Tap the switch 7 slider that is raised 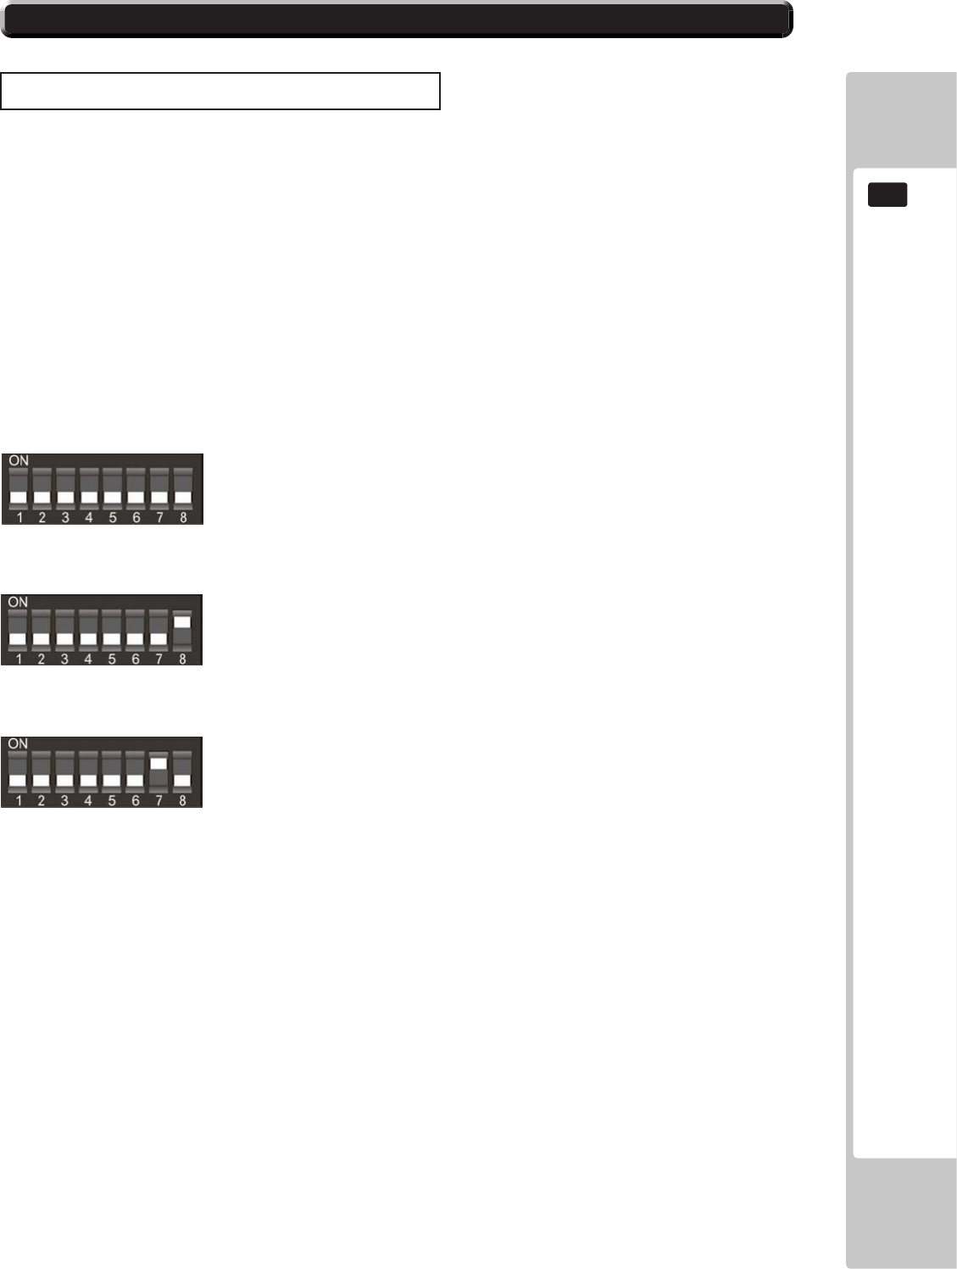(x=159, y=763)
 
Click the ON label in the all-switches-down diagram (x=19, y=460)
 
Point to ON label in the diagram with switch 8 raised (x=18, y=602)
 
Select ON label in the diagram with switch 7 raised (x=18, y=743)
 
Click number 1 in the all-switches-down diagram (x=19, y=516)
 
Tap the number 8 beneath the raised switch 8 (x=182, y=658)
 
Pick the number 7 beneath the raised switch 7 (x=159, y=799)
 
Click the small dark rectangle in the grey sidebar (x=887, y=195)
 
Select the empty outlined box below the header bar (x=220, y=92)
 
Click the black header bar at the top (x=397, y=19)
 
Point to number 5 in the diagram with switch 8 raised (x=112, y=658)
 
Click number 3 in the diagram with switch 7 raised (x=64, y=799)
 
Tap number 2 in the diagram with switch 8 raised (x=42, y=658)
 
